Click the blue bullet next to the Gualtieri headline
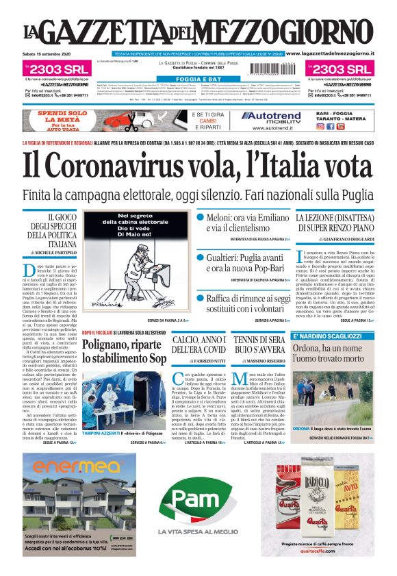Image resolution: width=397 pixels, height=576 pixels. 201,258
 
